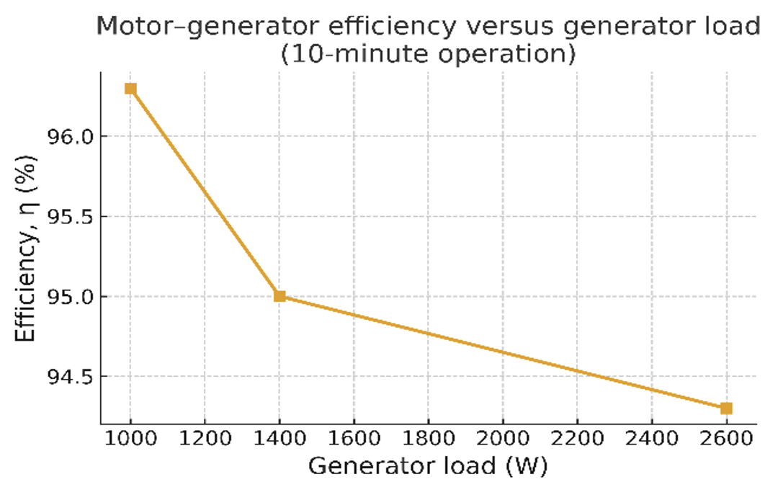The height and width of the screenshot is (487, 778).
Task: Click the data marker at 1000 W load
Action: pyautogui.click(x=130, y=89)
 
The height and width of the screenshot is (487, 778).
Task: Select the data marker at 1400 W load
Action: pyautogui.click(x=280, y=296)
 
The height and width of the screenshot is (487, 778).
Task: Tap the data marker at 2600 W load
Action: pyautogui.click(x=726, y=408)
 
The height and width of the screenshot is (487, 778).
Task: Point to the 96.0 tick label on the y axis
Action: pyautogui.click(x=67, y=136)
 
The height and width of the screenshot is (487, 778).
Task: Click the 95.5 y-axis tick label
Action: pyautogui.click(x=67, y=217)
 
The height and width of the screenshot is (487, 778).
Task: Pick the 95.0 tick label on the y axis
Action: pyautogui.click(x=67, y=297)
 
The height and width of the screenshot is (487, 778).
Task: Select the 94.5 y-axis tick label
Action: pyautogui.click(x=67, y=377)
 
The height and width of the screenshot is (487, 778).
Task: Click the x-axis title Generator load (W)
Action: pyautogui.click(x=428, y=466)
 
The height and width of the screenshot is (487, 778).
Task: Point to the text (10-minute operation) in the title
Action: pyautogui.click(x=428, y=53)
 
